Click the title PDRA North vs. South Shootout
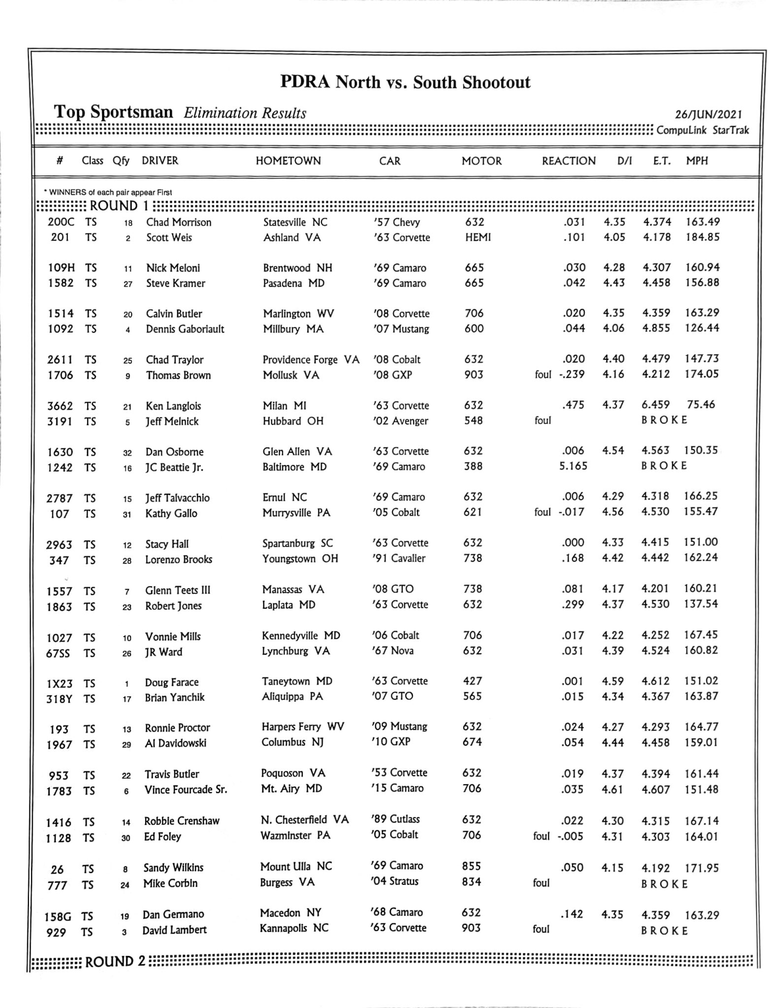tap(405, 82)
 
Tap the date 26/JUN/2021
tap(708, 114)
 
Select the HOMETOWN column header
tap(288, 161)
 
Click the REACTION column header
tap(568, 161)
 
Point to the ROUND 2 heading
tap(115, 961)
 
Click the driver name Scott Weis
tap(169, 238)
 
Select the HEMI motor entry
tap(478, 237)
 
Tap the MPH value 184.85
tap(702, 237)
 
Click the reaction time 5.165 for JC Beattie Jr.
tap(573, 466)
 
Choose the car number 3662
tap(60, 406)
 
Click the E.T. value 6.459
tap(655, 405)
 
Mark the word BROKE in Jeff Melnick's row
tap(664, 420)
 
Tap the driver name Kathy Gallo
tap(171, 513)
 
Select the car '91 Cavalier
tap(399, 559)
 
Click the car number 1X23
tap(60, 683)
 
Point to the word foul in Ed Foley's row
tap(541, 836)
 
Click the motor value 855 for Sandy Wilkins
tap(472, 866)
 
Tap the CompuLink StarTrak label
tap(703, 130)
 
